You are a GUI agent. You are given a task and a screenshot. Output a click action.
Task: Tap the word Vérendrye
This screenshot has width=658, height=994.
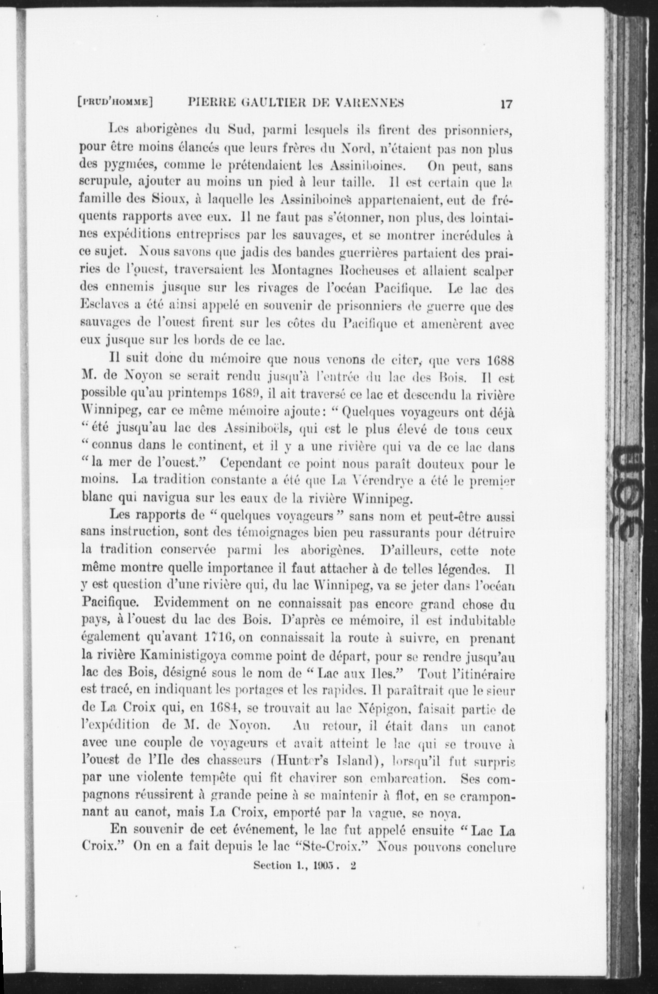tap(388, 481)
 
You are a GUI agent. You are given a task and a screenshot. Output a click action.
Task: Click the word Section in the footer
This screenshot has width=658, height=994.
tap(271, 865)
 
